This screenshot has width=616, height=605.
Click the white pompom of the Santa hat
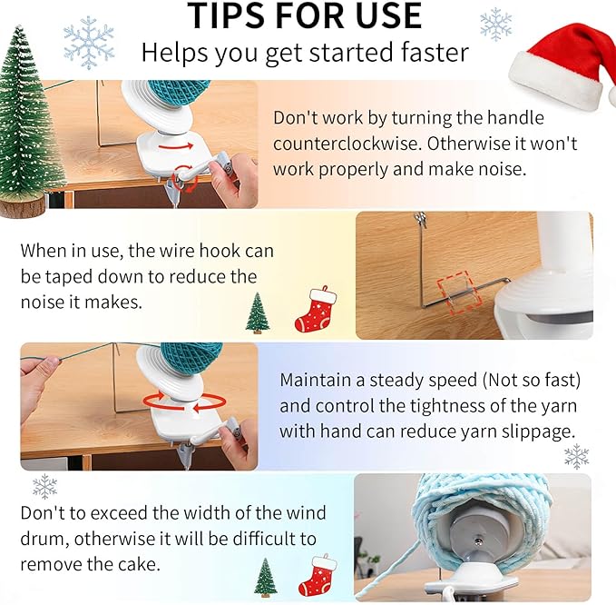pyautogui.click(x=611, y=96)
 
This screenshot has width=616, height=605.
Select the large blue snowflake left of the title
pyautogui.click(x=89, y=43)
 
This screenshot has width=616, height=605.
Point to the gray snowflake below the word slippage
pyautogui.click(x=576, y=456)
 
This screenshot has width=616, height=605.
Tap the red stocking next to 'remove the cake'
pyautogui.click(x=318, y=575)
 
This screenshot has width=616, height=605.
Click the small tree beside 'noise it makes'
pyautogui.click(x=258, y=312)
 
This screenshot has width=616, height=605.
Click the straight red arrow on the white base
pyautogui.click(x=176, y=146)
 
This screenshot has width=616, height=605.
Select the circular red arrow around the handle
pyautogui.click(x=185, y=178)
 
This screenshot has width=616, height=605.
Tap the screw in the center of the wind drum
pyautogui.click(x=478, y=541)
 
